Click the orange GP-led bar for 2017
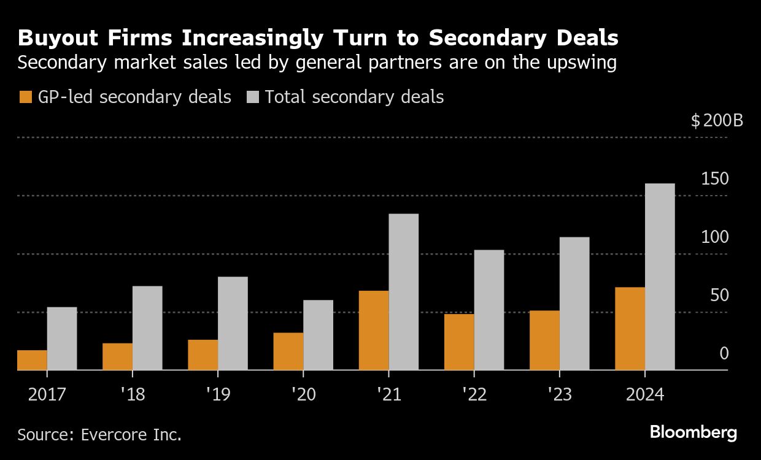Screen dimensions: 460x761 coord(32,360)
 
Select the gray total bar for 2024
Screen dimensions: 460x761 coord(660,277)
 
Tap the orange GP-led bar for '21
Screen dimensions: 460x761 coord(374,330)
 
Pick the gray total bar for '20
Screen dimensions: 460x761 coord(318,335)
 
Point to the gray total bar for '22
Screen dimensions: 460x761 coord(489,310)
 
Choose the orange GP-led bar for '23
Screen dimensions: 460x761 coord(544,340)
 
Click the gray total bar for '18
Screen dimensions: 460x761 coord(147,328)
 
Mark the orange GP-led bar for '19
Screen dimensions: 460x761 coord(203,355)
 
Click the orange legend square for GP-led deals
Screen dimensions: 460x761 coord(25,97)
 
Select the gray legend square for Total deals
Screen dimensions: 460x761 coord(253,97)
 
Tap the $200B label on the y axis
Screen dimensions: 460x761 coord(716,121)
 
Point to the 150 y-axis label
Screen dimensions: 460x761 coord(714,179)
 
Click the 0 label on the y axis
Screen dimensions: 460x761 coord(724,354)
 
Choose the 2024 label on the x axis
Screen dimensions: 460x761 coord(644,394)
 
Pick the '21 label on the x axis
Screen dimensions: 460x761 coord(388,394)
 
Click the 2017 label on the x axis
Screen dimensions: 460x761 coord(47,394)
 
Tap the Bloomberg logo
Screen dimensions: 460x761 coord(693,432)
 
